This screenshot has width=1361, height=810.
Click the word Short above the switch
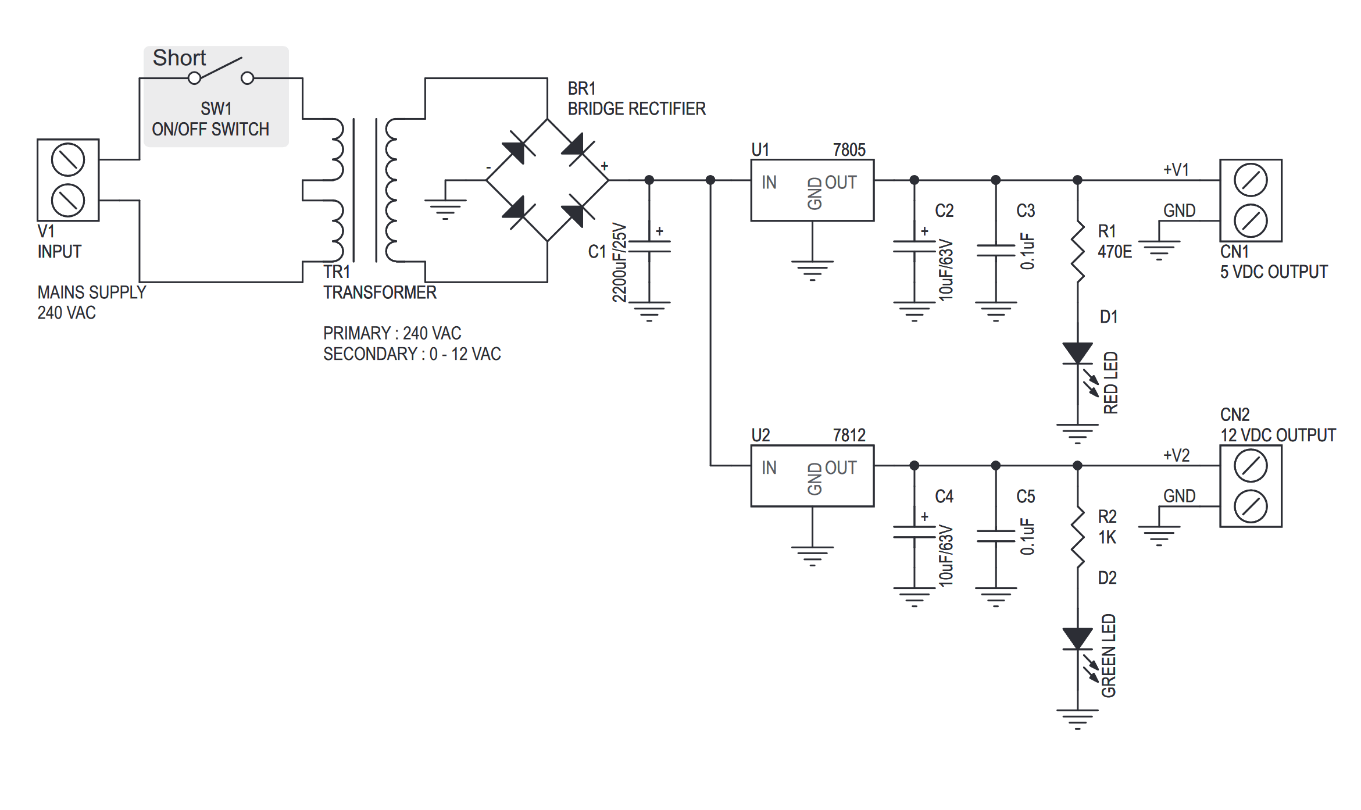point(179,58)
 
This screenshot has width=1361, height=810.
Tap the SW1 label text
point(216,109)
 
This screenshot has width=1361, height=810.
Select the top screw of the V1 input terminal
point(68,159)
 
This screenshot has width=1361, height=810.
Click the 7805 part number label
point(849,150)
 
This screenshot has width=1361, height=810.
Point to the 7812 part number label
point(849,436)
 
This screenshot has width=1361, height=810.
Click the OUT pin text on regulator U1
point(840,183)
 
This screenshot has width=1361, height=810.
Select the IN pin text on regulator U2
point(769,468)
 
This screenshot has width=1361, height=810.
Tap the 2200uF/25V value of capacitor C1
point(620,262)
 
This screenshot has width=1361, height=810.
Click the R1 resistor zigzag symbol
point(1077,252)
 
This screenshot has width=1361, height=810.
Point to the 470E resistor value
point(1114,252)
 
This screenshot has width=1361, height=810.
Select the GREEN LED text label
point(1109,655)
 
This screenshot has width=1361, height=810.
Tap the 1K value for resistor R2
point(1107,537)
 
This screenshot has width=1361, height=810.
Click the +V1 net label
point(1176,170)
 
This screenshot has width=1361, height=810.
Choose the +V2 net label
point(1176,455)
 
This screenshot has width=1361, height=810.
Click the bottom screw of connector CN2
point(1251,506)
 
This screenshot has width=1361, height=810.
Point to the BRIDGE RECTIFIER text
point(636,109)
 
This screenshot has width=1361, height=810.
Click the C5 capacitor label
point(1025,497)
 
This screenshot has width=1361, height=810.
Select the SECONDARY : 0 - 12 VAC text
point(412,354)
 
